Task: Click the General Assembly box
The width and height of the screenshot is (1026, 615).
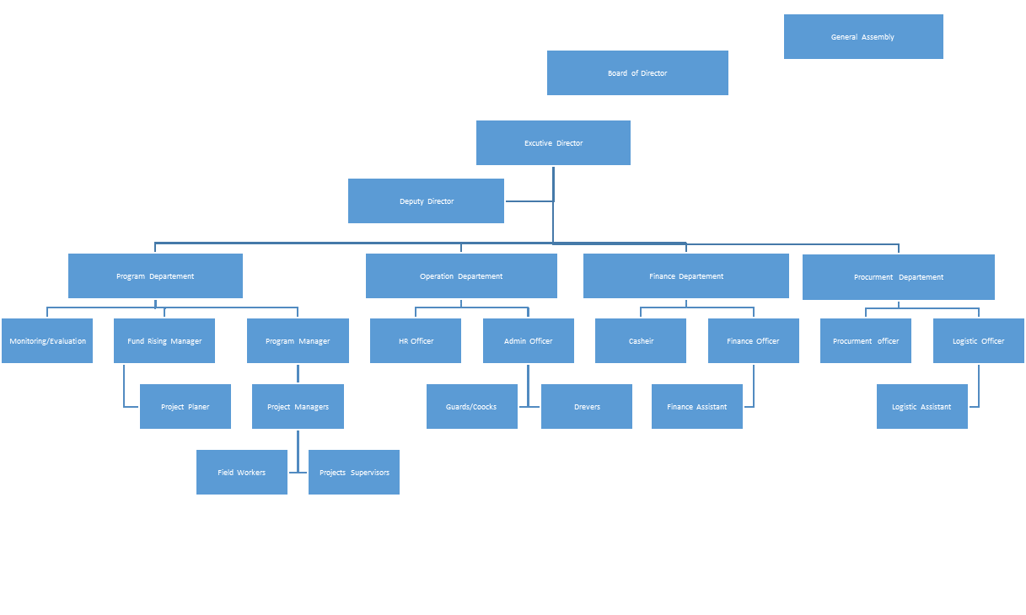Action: [x=863, y=37]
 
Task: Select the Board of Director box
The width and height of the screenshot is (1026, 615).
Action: [x=637, y=73]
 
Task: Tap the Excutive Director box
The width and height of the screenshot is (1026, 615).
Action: [x=553, y=143]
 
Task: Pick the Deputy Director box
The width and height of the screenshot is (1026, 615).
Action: [x=426, y=201]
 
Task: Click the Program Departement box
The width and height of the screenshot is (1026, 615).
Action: [x=155, y=276]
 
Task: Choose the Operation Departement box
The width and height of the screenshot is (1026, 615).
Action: [x=461, y=276]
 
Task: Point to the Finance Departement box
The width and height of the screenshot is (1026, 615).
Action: [x=685, y=276]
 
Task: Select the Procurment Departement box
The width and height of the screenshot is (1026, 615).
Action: [x=898, y=277]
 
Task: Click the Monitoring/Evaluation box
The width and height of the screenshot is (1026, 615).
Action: [x=47, y=341]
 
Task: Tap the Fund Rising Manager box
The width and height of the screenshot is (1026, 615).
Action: [x=164, y=341]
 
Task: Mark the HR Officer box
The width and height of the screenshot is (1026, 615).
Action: [x=416, y=341]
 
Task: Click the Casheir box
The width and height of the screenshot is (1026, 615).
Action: [x=641, y=341]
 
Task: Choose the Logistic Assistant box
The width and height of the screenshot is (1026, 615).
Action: [x=921, y=407]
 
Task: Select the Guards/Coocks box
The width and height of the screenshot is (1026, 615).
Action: [x=471, y=407]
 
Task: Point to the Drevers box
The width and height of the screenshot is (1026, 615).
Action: [x=587, y=407]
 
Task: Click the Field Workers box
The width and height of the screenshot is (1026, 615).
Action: [x=241, y=473]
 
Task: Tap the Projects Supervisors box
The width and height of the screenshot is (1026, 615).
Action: [x=354, y=473]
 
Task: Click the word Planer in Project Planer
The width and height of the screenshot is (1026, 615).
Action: [x=198, y=407]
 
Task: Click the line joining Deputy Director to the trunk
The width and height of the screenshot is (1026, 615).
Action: [x=529, y=201]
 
